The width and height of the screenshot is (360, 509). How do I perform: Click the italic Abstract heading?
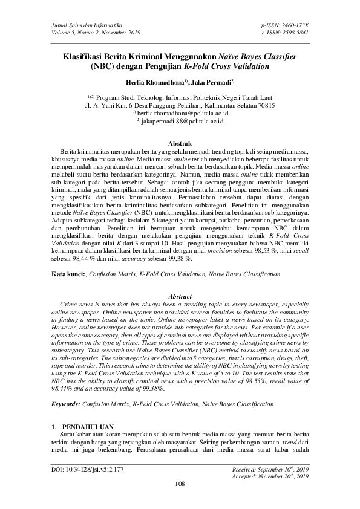click(x=180, y=297)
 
